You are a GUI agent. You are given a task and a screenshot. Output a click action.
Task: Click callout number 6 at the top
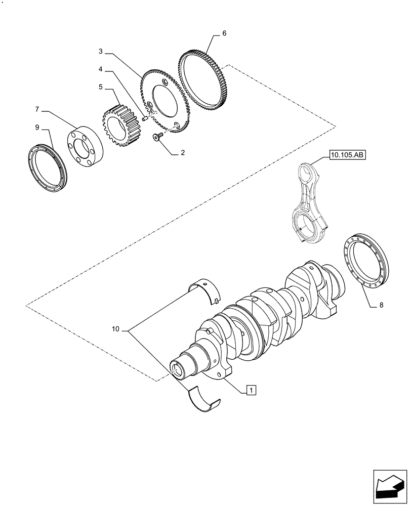[x=224, y=34]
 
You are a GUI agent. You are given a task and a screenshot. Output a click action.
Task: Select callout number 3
[x=101, y=51]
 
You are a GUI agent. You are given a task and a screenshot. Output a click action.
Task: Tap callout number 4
[x=101, y=69]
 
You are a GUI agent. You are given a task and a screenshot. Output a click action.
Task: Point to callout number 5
[x=101, y=87]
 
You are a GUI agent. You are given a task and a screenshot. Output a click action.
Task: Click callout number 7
[x=37, y=109]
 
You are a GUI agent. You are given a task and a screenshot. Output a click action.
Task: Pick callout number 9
[x=37, y=128]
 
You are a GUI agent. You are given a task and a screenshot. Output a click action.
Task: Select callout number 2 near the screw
[x=182, y=152]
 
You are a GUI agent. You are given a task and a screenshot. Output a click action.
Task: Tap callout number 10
[x=116, y=329]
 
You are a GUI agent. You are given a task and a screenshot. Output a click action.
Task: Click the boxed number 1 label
[x=252, y=389]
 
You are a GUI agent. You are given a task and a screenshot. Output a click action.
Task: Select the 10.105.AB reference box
[x=346, y=155]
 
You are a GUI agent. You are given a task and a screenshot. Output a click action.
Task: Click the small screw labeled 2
[x=156, y=136]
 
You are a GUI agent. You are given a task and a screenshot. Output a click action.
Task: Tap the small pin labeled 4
[x=145, y=119]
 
